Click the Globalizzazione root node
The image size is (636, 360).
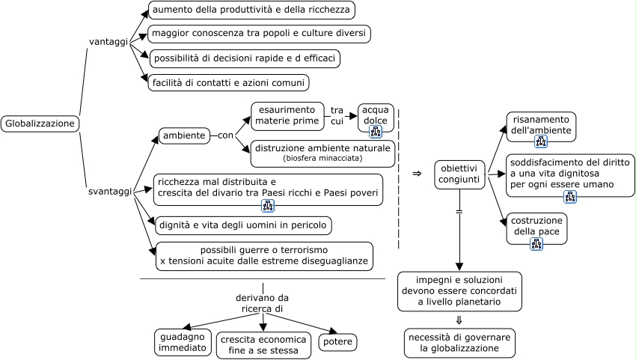(x=40, y=123)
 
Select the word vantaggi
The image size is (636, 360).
(x=108, y=41)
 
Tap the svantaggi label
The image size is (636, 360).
(x=110, y=192)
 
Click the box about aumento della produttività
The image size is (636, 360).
(x=251, y=10)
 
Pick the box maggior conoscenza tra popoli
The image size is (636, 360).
(x=259, y=34)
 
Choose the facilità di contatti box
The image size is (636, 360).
(x=229, y=82)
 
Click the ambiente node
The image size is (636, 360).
(x=184, y=135)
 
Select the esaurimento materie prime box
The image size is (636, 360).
(x=287, y=115)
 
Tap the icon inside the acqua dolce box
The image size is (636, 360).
(x=376, y=132)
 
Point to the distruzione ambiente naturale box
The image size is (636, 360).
(x=322, y=153)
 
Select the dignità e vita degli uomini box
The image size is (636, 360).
(x=242, y=225)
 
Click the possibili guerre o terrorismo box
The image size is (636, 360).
(x=264, y=255)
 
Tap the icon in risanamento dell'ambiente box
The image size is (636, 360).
(x=541, y=141)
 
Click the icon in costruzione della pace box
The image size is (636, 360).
(x=536, y=243)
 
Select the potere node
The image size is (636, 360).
(x=337, y=342)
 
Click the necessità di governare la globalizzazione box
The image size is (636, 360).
(x=459, y=343)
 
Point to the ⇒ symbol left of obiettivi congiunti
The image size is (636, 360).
(x=417, y=174)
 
